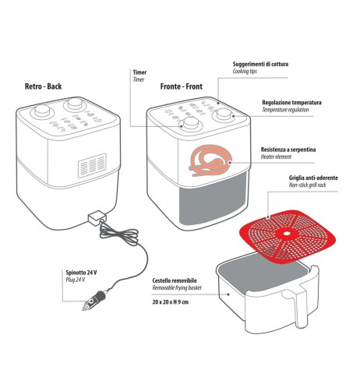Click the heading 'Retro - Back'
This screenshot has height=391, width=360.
click(43, 86)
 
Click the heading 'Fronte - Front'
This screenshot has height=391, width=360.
click(185, 86)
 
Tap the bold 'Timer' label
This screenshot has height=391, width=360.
click(139, 72)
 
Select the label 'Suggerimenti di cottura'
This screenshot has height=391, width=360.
click(265, 63)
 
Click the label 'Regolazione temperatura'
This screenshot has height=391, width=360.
click(291, 103)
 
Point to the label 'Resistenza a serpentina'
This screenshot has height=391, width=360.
click(291, 148)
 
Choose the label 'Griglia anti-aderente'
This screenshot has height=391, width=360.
click(307, 178)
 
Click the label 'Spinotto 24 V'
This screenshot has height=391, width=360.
click(82, 272)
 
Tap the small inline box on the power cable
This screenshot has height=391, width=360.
click(97, 217)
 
